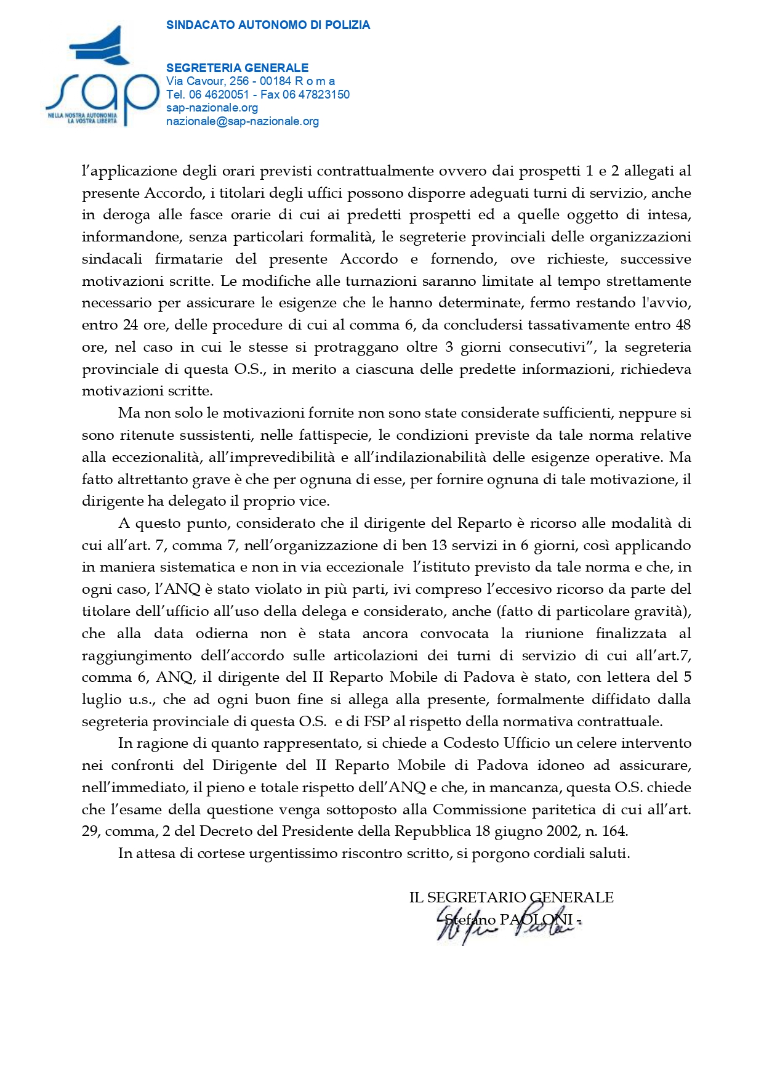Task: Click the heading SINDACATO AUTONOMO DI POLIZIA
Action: click(268, 25)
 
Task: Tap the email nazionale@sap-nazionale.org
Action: click(243, 121)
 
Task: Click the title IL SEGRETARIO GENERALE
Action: click(511, 897)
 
